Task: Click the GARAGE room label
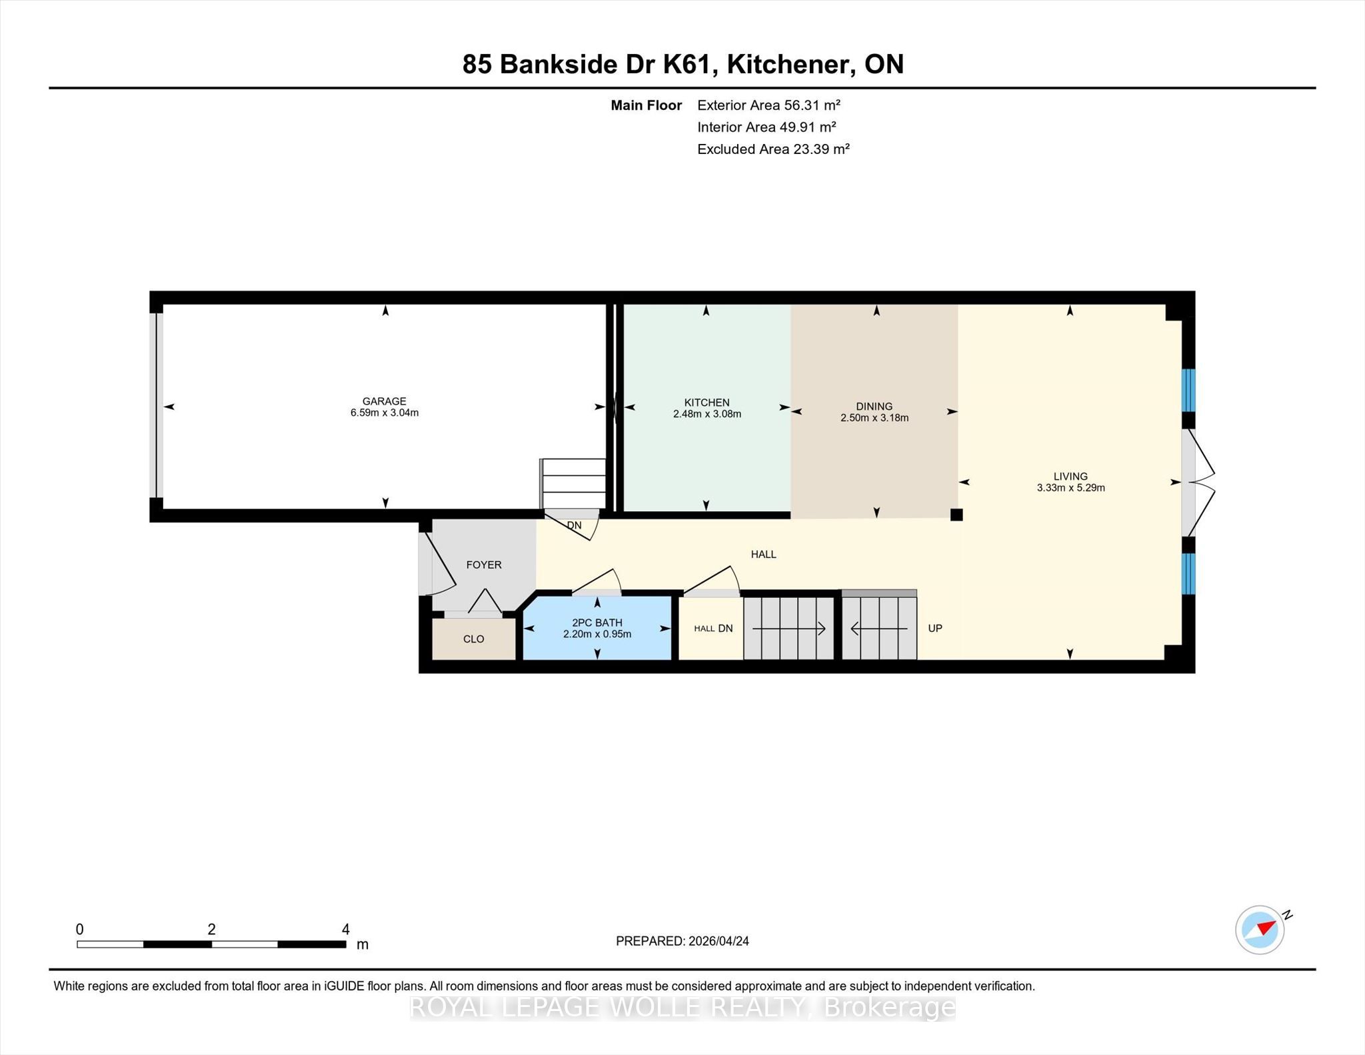click(x=384, y=401)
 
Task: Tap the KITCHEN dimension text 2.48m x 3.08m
click(x=707, y=414)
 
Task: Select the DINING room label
click(x=874, y=407)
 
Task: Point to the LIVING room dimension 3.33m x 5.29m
click(x=1070, y=488)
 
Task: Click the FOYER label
click(x=484, y=565)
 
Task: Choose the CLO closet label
click(x=474, y=639)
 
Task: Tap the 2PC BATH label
click(x=597, y=622)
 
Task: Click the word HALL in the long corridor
click(x=764, y=554)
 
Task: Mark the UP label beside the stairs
click(x=935, y=628)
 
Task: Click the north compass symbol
click(x=1260, y=930)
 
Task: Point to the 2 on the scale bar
click(x=211, y=929)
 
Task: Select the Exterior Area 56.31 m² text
click(x=768, y=105)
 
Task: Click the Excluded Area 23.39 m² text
click(x=773, y=149)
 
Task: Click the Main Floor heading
click(x=647, y=105)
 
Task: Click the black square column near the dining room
click(x=956, y=515)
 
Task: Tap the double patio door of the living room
click(x=1198, y=483)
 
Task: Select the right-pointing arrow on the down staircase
click(x=789, y=628)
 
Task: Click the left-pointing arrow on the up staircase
click(x=879, y=628)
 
